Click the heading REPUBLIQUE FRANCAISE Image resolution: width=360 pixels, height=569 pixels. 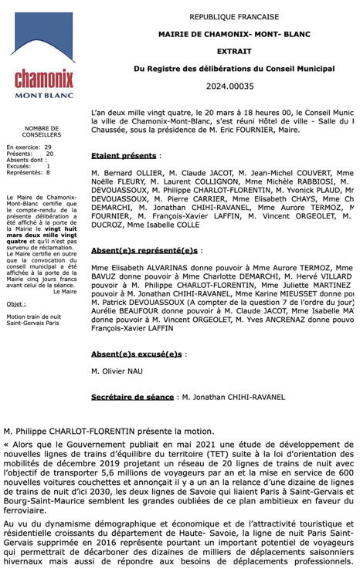233,16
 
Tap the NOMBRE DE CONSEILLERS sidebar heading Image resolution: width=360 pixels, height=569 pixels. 41,132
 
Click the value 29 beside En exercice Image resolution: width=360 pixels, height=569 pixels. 48,147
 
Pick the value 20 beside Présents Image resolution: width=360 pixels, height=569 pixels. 49,153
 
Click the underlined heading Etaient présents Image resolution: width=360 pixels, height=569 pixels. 124,155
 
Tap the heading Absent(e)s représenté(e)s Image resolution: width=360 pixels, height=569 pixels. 144,251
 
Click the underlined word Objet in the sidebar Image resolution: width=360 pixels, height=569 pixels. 16,304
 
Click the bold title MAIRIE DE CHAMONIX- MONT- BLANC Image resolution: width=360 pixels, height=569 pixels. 233,34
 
